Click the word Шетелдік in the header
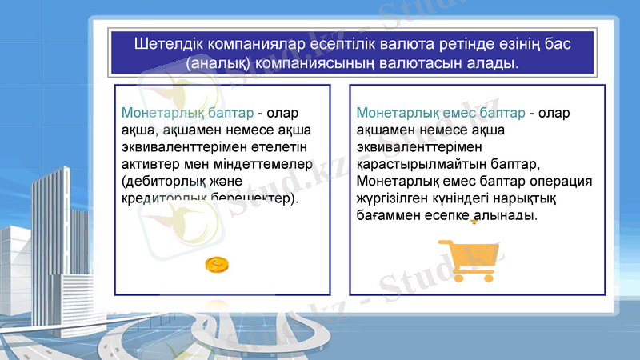[x=164, y=42]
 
